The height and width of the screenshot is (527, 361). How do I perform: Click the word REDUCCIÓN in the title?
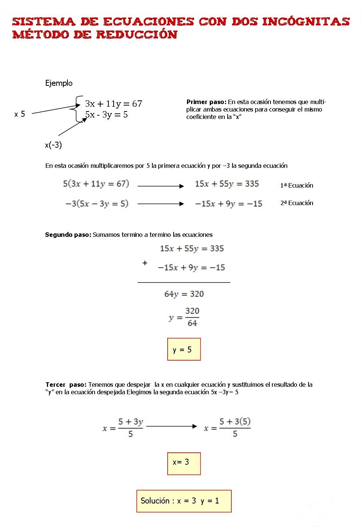[136, 35]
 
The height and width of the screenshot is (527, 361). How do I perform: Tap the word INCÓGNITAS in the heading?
[305, 21]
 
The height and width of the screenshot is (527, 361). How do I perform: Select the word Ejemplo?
[59, 83]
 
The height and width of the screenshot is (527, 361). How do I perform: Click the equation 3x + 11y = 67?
[113, 104]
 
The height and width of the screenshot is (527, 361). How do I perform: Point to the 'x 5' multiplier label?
[20, 114]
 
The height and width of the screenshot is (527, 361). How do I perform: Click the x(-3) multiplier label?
[53, 145]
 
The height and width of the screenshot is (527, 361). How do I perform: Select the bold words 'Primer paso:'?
[206, 102]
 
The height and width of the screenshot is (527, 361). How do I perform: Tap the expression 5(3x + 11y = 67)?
[96, 183]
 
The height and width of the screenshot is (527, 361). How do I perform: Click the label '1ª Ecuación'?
[297, 185]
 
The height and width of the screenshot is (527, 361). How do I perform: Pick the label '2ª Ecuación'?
[297, 203]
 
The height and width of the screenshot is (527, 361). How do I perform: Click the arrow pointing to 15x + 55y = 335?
[161, 186]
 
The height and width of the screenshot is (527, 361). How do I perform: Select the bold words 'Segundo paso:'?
[68, 235]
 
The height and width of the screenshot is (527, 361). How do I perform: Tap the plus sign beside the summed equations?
[145, 263]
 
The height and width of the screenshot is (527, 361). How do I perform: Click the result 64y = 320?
[184, 294]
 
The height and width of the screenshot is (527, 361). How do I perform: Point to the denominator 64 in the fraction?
[192, 323]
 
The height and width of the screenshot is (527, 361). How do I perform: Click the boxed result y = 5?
[184, 349]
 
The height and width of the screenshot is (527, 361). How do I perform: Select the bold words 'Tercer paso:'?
[66, 385]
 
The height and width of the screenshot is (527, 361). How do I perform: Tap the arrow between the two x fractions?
[172, 426]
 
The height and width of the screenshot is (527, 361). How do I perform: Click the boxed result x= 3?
[184, 462]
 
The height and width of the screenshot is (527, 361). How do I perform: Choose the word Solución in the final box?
[155, 501]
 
